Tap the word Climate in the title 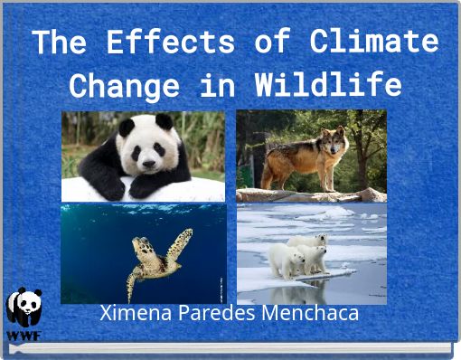point(373,42)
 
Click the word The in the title point(62,42)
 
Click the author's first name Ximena point(134,314)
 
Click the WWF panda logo point(24,308)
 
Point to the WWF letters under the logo point(24,334)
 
